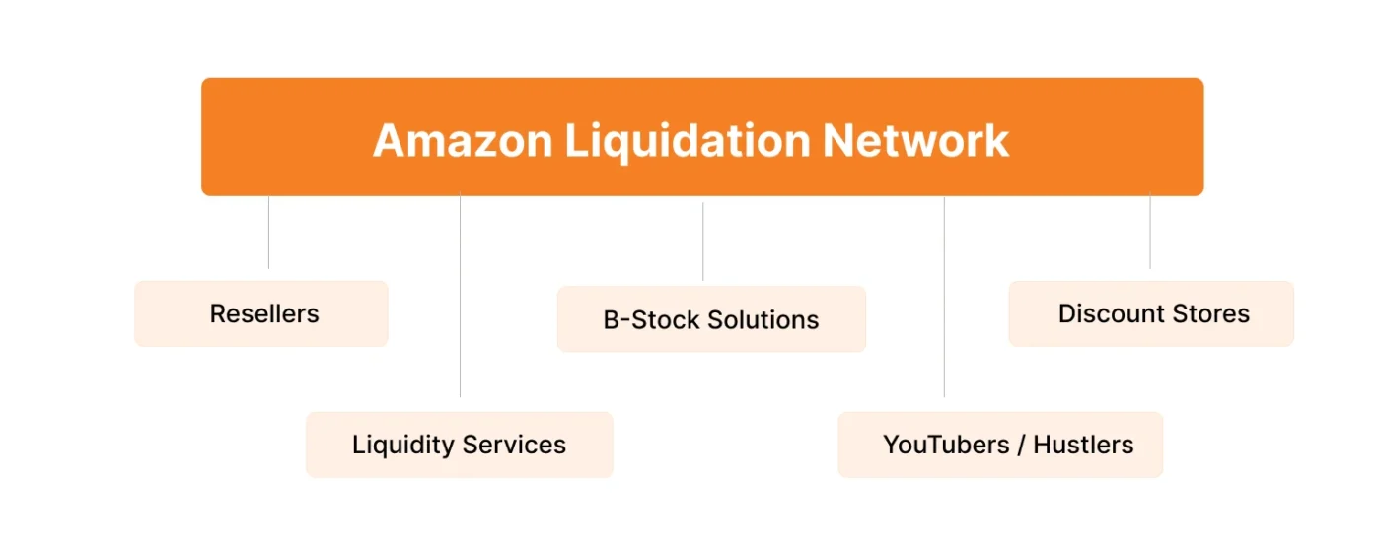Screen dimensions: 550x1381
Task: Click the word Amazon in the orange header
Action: [x=462, y=140]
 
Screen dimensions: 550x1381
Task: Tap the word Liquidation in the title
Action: [x=687, y=140]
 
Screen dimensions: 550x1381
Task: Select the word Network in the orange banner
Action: [x=915, y=140]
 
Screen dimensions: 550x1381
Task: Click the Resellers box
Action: [x=261, y=313]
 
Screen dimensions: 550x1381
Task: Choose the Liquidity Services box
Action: [x=459, y=445]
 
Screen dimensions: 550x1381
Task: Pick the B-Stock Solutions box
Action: [x=711, y=319]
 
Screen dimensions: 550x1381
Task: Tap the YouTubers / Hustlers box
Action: [x=1000, y=445]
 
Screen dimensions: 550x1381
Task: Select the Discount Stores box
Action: [x=1150, y=313]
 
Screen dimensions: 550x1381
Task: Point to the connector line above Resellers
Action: [x=268, y=233]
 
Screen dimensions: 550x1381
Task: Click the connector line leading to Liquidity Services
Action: [x=460, y=296]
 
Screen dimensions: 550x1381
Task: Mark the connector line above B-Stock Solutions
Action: [x=703, y=242]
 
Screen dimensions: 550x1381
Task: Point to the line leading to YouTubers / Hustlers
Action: [x=944, y=296]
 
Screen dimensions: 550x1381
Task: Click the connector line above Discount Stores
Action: [x=1149, y=233]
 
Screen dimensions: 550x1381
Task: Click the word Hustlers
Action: [x=1083, y=445]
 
